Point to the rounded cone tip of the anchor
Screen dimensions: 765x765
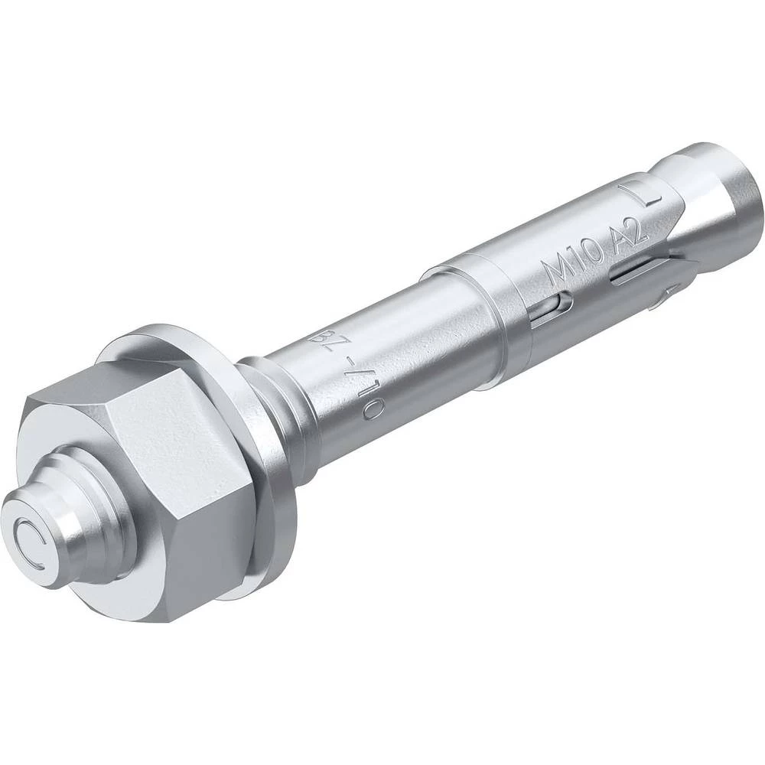(x=727, y=191)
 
